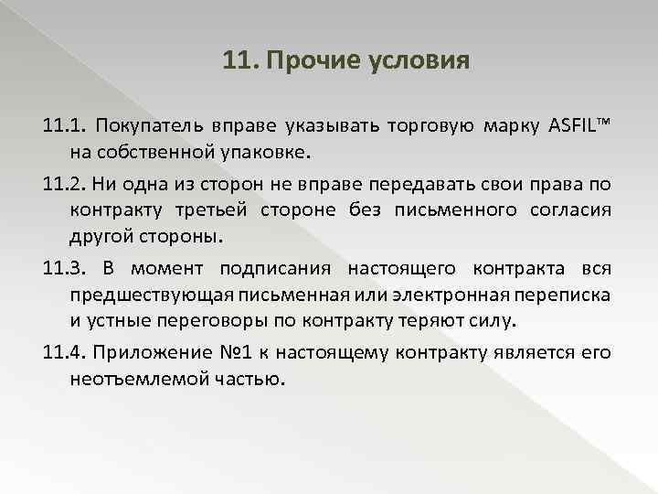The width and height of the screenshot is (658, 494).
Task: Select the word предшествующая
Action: coord(142,295)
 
